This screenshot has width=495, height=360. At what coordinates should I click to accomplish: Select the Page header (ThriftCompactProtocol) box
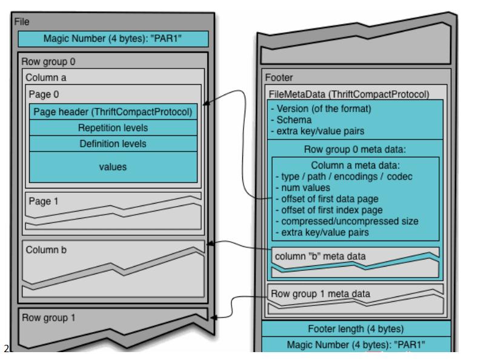(113, 112)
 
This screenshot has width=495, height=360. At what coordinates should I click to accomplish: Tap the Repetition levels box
(113, 128)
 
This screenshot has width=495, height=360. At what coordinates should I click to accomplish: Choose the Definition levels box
(113, 144)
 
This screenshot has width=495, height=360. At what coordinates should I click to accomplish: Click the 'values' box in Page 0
(113, 167)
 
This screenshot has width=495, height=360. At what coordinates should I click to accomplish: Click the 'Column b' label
(45, 248)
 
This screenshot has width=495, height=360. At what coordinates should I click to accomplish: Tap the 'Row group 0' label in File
(48, 62)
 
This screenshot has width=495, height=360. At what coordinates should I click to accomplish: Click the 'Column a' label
(46, 78)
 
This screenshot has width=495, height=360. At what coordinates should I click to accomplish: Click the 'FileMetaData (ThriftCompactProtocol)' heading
(349, 95)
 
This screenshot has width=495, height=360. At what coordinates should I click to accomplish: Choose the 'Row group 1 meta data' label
(320, 294)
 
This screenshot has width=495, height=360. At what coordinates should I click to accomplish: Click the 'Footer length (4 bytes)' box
(356, 329)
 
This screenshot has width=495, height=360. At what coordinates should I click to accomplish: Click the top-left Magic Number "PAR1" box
(113, 39)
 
